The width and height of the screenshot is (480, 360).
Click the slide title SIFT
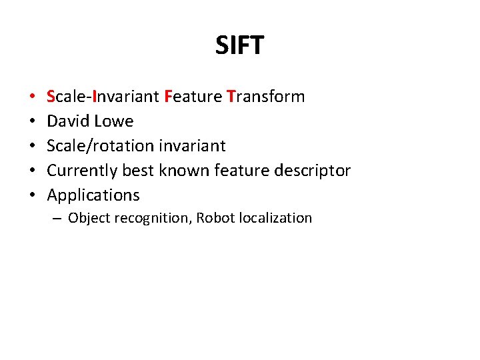[x=239, y=45]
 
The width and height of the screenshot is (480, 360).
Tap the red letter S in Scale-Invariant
[x=51, y=97]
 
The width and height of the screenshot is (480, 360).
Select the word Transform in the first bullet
[x=265, y=97]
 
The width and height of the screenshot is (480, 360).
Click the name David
[x=67, y=121]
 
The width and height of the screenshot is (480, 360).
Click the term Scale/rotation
[x=100, y=146]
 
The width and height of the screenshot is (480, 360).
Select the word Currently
[x=82, y=171]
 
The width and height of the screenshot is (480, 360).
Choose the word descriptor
[x=313, y=171]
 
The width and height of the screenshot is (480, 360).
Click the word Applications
[x=93, y=195]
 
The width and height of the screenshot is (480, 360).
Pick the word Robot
[x=214, y=218]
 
